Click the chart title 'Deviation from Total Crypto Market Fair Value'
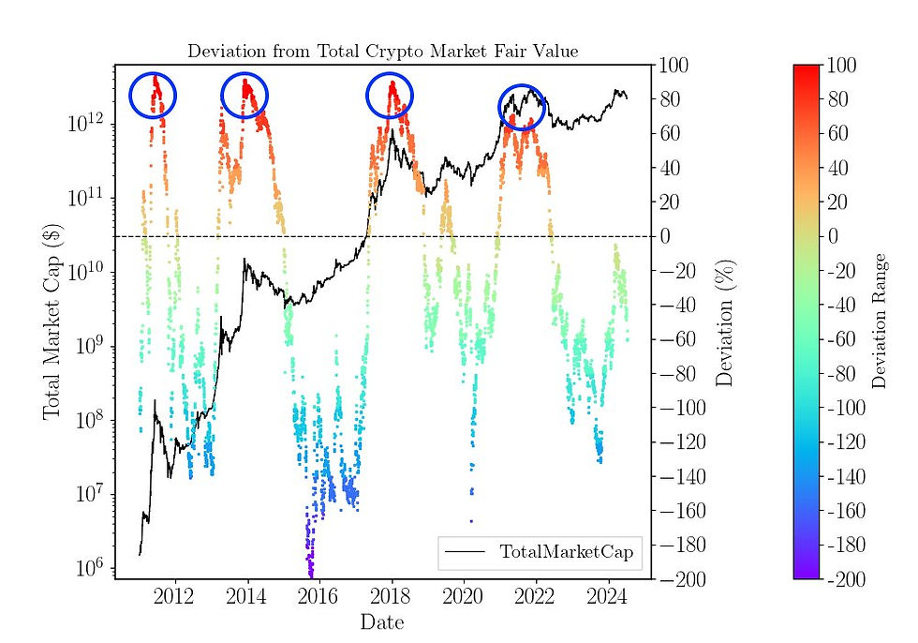pyautogui.click(x=383, y=52)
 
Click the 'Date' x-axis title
pyautogui.click(x=383, y=620)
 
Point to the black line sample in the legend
pyautogui.click(x=466, y=553)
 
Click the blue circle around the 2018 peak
pyautogui.click(x=389, y=96)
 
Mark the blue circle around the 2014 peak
pyautogui.click(x=244, y=95)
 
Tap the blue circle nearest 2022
pyautogui.click(x=521, y=106)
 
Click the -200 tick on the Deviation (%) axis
pyautogui.click(x=679, y=579)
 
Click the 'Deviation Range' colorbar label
pyautogui.click(x=879, y=321)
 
